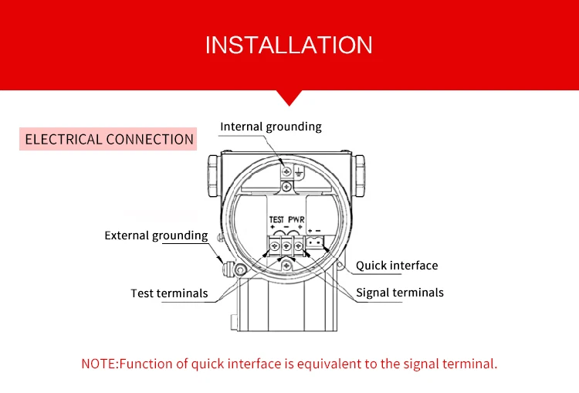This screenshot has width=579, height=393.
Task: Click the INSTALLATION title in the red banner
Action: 289,44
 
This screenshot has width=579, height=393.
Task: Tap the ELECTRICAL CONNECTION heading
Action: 109,140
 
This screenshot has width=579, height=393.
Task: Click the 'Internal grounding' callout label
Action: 270,127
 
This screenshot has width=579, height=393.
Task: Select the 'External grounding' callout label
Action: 156,235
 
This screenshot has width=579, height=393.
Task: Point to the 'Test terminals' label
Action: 169,293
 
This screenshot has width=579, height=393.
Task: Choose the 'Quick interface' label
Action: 396,266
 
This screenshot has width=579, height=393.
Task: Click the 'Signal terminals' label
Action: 399,293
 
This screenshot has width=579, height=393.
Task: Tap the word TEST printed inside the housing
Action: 276,220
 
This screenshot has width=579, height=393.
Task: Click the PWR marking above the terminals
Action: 296,220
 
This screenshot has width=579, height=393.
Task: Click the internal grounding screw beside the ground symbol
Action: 286,171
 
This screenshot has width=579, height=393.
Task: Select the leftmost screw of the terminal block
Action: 276,246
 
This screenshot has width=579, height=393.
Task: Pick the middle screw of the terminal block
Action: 286,246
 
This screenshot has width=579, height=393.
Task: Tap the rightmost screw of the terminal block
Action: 297,246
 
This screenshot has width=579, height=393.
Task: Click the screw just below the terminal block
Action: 286,266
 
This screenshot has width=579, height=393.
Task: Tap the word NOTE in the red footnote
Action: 98,364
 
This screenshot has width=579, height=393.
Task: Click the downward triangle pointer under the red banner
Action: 289,97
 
